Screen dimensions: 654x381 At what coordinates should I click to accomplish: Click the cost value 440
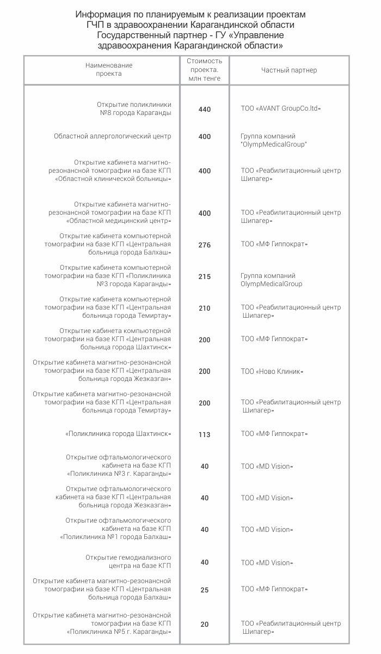(x=205, y=110)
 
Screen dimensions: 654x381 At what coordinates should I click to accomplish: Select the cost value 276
(x=205, y=245)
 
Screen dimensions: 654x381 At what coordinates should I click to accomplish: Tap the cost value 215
(x=205, y=277)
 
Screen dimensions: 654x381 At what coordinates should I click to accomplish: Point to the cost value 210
(x=205, y=308)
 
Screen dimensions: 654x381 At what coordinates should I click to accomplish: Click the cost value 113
(x=205, y=435)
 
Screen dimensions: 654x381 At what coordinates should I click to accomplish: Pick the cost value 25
(x=205, y=590)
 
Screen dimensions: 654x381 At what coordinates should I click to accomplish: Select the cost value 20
(x=205, y=625)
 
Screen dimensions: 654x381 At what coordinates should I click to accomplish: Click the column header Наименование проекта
(x=109, y=70)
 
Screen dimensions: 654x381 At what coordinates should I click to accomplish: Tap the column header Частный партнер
(x=289, y=70)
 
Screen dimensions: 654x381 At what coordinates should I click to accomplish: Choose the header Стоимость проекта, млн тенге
(x=205, y=70)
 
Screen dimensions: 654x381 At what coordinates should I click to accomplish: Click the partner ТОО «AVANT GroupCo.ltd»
(x=281, y=108)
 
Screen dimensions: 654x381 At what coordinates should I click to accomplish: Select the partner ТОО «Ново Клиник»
(x=272, y=372)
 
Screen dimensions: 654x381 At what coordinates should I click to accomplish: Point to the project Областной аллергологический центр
(x=113, y=136)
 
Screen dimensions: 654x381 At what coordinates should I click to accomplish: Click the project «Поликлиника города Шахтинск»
(x=118, y=434)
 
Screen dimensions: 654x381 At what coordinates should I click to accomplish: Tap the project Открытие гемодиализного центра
(x=128, y=562)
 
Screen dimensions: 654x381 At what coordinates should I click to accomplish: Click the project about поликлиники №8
(x=134, y=108)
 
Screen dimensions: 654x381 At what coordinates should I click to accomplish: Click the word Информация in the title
(x=101, y=14)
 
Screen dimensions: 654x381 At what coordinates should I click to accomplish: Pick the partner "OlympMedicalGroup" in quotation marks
(x=274, y=144)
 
